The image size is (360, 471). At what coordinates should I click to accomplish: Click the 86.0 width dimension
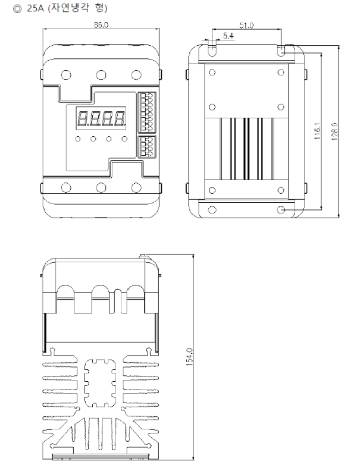(x=101, y=25)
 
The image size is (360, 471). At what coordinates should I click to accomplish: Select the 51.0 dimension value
(x=246, y=26)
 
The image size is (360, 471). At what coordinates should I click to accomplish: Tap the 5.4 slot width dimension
(x=228, y=36)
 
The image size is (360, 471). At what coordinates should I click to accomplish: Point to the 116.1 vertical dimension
(x=318, y=131)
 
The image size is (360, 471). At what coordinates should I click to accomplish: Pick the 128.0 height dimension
(x=336, y=131)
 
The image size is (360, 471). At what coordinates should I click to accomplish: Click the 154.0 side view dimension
(x=189, y=357)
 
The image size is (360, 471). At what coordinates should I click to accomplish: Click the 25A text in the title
(x=35, y=8)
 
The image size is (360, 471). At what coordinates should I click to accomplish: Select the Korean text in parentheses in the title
(x=77, y=8)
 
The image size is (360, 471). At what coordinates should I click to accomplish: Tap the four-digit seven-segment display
(x=101, y=119)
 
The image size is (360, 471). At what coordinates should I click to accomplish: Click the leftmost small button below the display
(x=78, y=139)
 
